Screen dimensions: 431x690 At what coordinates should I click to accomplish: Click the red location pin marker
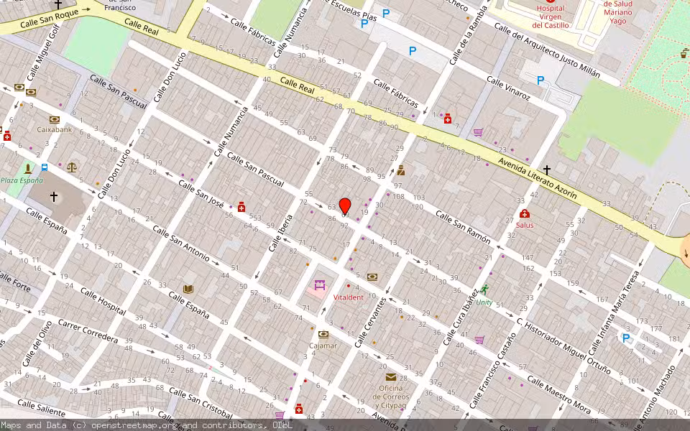(x=345, y=206)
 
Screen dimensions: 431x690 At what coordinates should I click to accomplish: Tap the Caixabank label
(x=55, y=130)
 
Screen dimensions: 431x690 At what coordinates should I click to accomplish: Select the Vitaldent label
(x=349, y=297)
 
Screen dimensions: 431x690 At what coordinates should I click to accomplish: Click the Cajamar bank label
(x=323, y=346)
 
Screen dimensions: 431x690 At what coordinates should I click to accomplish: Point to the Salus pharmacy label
(x=525, y=225)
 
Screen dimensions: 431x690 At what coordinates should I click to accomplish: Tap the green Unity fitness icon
(x=484, y=289)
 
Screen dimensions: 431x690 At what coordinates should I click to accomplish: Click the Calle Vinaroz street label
(x=508, y=88)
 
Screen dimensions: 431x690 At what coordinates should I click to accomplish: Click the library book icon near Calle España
(x=188, y=289)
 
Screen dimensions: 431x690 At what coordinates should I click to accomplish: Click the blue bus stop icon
(x=45, y=167)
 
